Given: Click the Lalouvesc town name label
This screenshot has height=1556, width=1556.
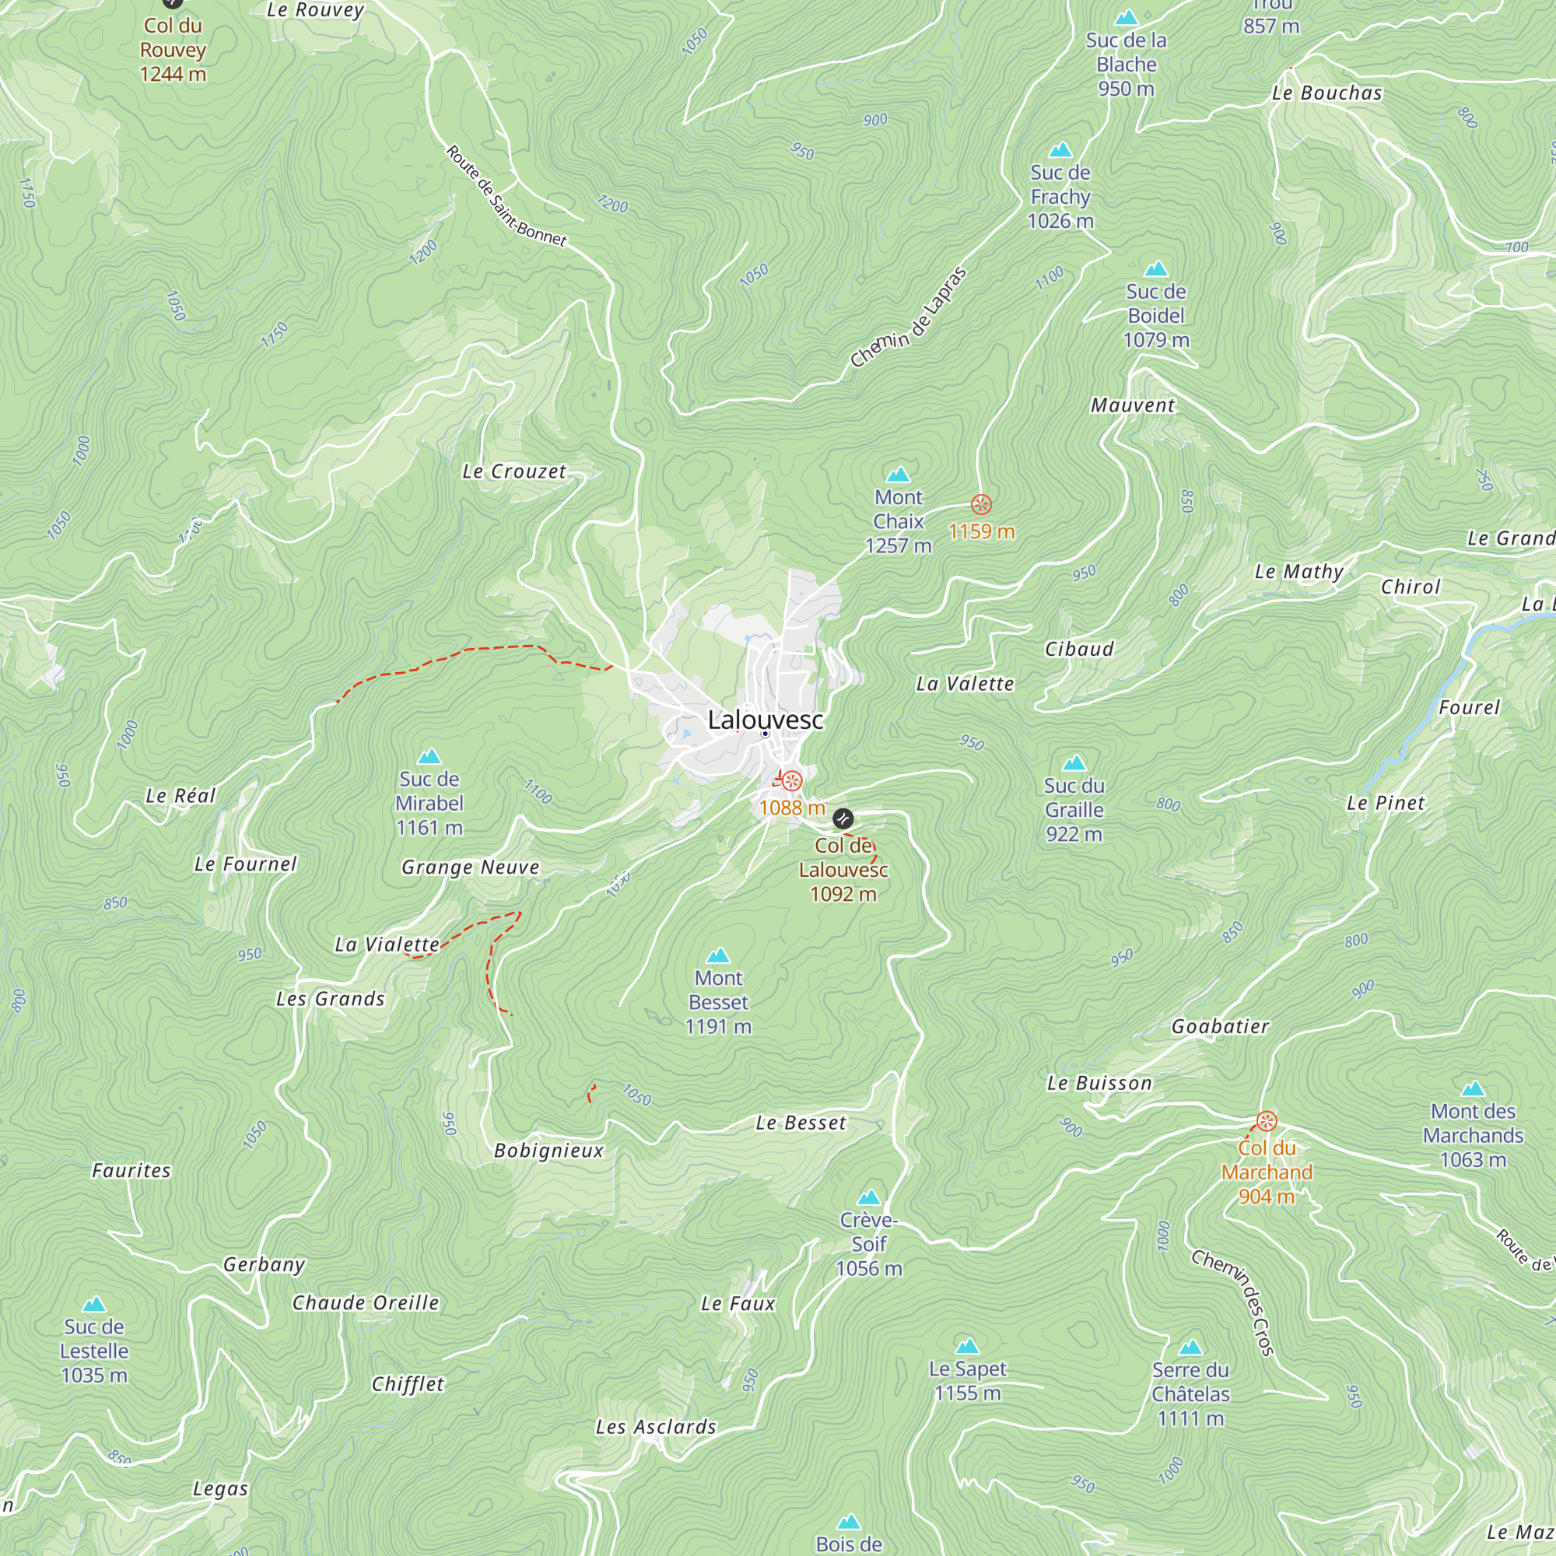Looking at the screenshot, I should click(x=765, y=719).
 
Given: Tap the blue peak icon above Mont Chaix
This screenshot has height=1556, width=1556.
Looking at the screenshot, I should click(x=898, y=475).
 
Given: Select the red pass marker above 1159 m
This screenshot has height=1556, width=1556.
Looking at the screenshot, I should click(x=981, y=505).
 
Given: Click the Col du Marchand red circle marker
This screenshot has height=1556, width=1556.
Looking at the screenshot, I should click(x=1267, y=1121).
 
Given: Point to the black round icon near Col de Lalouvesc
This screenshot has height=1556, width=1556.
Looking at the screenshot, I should click(x=843, y=819).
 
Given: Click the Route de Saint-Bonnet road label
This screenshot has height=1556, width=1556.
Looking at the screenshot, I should click(x=506, y=196).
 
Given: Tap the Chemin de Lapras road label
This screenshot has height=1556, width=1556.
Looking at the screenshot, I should click(x=908, y=318).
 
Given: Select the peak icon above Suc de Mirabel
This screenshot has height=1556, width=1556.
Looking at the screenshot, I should click(x=429, y=756).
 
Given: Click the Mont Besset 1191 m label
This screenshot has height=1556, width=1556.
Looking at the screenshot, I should click(x=718, y=1002).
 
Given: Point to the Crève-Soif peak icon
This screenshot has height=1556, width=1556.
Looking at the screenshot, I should click(x=869, y=1197).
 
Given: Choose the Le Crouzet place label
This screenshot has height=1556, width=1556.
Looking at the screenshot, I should click(x=513, y=471).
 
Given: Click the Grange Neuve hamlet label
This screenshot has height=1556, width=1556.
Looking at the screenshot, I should click(x=471, y=867).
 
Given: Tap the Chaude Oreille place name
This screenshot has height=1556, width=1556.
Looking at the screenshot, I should click(x=366, y=1302).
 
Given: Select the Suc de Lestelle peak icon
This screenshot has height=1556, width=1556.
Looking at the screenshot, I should click(x=94, y=1304).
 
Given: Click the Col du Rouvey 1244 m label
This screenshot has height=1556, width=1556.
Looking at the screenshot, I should click(x=173, y=49).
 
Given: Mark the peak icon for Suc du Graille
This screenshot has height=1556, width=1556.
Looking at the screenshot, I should click(x=1074, y=762).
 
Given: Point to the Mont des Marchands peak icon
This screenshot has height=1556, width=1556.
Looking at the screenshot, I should click(x=1472, y=1089).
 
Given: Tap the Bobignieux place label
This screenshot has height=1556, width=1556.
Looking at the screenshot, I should click(x=548, y=1150).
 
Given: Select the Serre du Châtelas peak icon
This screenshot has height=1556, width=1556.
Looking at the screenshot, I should click(x=1190, y=1347).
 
